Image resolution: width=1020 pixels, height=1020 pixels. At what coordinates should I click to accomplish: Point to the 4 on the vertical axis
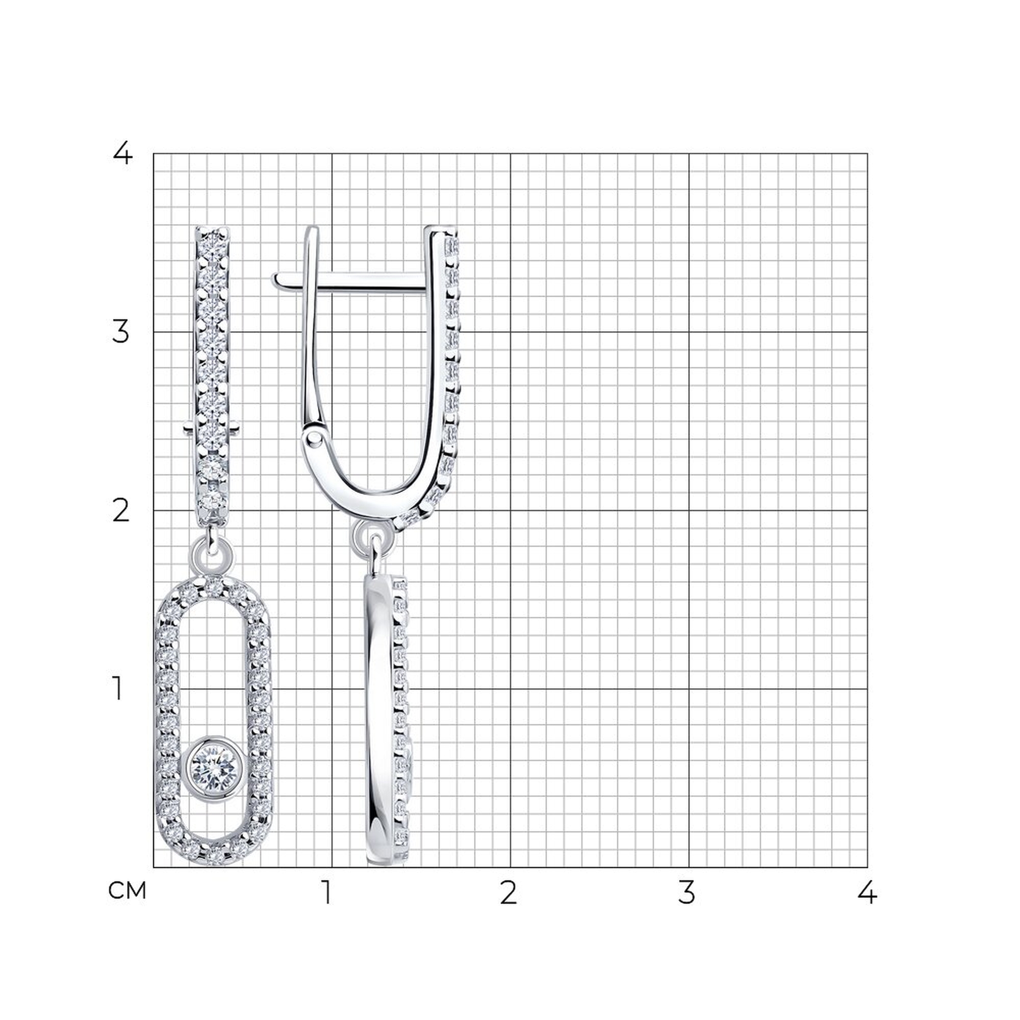(x=122, y=154)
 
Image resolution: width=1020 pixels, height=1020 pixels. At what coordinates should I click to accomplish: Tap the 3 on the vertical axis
(x=121, y=332)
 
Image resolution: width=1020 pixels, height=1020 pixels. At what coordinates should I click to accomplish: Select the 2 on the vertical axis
(x=121, y=511)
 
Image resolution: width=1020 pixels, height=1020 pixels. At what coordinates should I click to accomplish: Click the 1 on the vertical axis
(x=118, y=689)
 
